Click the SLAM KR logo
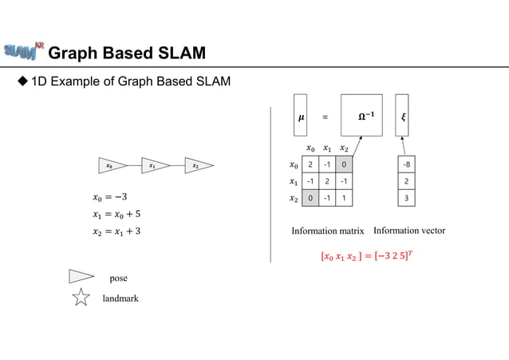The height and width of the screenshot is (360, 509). tap(23, 51)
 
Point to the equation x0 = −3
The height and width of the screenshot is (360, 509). tap(111, 197)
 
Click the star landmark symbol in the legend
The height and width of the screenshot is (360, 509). tap(81, 299)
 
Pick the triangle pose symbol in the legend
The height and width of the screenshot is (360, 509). tap(81, 277)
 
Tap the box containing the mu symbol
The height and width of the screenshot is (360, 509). tap(301, 116)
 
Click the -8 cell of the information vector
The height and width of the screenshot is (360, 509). tap(408, 164)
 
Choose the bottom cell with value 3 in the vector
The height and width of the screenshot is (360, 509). tap(408, 197)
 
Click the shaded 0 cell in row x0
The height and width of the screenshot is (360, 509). tap(343, 164)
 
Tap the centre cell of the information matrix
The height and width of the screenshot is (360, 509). tap(326, 181)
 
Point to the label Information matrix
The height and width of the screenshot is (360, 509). tap(329, 231)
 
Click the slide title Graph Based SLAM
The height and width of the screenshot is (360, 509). tap(127, 53)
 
